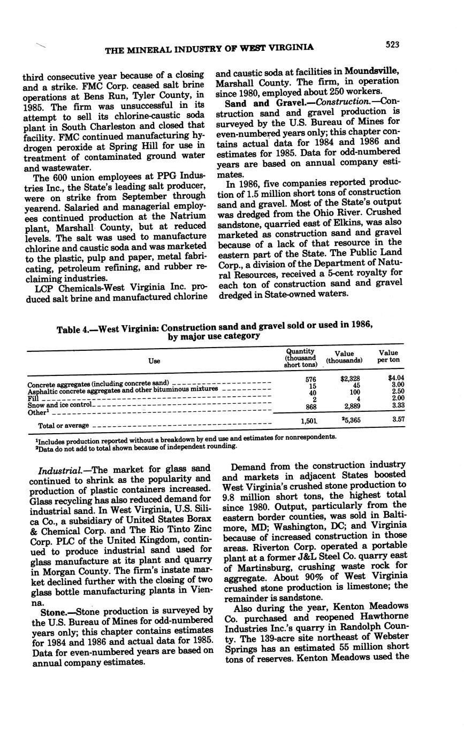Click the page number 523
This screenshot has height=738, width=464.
click(x=392, y=45)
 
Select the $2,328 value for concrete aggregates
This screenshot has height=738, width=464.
click(x=350, y=379)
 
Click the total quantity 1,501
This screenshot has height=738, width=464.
click(x=302, y=420)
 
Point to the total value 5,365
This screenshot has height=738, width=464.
click(x=351, y=420)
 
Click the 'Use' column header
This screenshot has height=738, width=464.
click(x=154, y=361)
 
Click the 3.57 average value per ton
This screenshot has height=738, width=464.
click(x=397, y=420)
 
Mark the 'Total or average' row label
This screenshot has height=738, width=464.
click(x=63, y=426)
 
